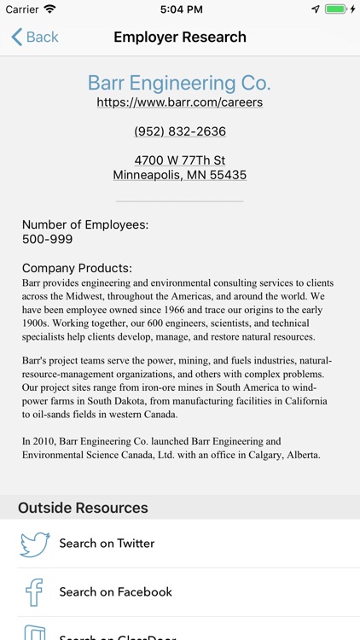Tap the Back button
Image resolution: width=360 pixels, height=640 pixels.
pos(35,37)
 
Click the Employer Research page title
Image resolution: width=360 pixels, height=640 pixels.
pos(180,37)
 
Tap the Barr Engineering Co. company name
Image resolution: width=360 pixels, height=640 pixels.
pos(179,83)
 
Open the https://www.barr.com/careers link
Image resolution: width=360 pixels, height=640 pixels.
pos(179,102)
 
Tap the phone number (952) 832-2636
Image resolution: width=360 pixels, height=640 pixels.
pos(180,131)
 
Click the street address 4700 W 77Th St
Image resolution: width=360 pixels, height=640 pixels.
pos(180,160)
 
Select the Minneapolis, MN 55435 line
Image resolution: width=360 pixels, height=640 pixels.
pos(180,175)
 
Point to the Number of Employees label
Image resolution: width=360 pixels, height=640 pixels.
pos(85,224)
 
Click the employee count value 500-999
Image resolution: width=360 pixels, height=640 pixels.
pos(48,239)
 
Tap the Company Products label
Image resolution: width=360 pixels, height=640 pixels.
pos(77,268)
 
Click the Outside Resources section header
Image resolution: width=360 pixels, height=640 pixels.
pos(83,508)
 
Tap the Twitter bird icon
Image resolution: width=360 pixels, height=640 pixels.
pos(35,544)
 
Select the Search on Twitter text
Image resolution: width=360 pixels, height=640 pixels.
pos(107,544)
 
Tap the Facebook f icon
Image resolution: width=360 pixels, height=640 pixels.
pos(35,591)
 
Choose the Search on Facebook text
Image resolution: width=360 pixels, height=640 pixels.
pos(115,591)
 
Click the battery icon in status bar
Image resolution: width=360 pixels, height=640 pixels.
pos(337,9)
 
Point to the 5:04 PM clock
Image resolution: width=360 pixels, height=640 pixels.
pos(179,9)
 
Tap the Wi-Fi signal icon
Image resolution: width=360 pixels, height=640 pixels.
pos(49,9)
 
